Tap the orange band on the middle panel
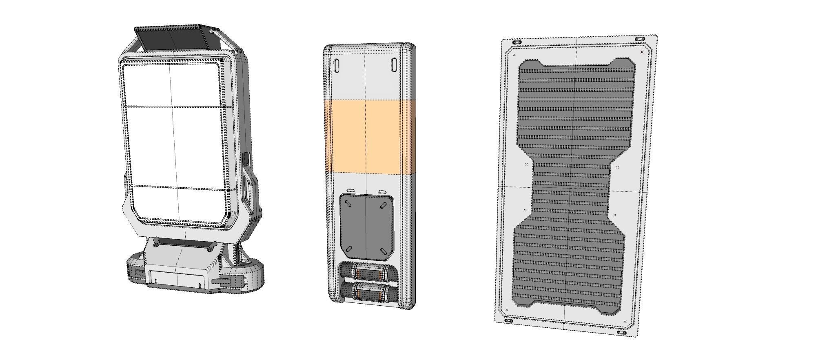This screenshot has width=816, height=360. (x=369, y=137)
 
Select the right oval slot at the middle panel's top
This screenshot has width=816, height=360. (x=395, y=65)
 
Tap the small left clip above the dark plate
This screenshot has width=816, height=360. (x=351, y=190)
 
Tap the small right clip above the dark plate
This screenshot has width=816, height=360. (x=382, y=191)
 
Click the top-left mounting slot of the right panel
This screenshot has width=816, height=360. (x=517, y=42)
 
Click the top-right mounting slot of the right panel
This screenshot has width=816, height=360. (x=640, y=39)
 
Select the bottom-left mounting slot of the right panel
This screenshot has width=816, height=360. (x=509, y=321)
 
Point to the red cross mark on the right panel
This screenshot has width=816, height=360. (x=642, y=52)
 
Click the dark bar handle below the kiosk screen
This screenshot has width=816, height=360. (x=184, y=243)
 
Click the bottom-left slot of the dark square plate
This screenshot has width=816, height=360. (x=349, y=249)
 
